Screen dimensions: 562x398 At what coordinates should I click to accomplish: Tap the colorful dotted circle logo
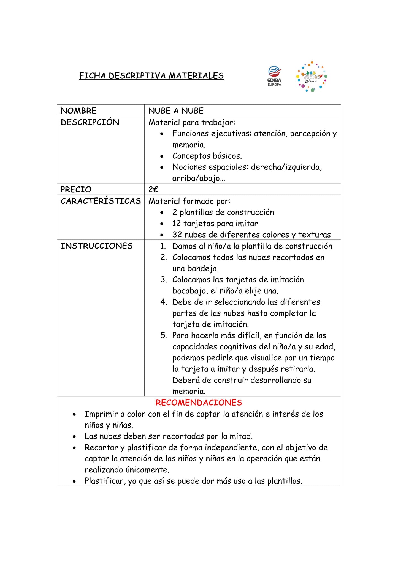tap(312, 77)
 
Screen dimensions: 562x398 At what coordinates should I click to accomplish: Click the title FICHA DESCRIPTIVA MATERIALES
tap(151, 76)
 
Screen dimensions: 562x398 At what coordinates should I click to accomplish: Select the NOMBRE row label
tap(78, 111)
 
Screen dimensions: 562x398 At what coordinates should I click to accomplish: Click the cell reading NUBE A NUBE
tap(176, 111)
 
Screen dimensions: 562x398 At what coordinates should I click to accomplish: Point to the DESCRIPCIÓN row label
tap(90, 122)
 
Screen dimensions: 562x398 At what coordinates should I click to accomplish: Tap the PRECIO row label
tap(76, 189)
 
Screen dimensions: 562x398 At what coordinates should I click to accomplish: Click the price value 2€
tap(153, 189)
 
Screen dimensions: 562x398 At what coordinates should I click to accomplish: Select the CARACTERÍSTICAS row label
tap(101, 201)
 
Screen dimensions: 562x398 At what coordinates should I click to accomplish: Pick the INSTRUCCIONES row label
tap(96, 246)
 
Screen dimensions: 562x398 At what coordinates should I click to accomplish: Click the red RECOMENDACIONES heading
tap(199, 403)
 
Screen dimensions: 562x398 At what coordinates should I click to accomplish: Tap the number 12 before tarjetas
tap(177, 224)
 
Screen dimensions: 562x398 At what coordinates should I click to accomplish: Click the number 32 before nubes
tap(177, 235)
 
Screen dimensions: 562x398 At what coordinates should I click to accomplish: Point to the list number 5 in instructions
tap(164, 335)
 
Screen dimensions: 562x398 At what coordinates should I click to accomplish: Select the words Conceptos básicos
tap(207, 156)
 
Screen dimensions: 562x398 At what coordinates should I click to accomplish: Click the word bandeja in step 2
tap(205, 268)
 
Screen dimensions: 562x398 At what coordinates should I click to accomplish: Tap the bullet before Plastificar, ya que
tap(74, 481)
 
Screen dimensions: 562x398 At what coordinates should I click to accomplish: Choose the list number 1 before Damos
tap(163, 246)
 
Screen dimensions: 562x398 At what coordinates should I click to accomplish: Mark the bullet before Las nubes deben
tap(74, 437)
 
